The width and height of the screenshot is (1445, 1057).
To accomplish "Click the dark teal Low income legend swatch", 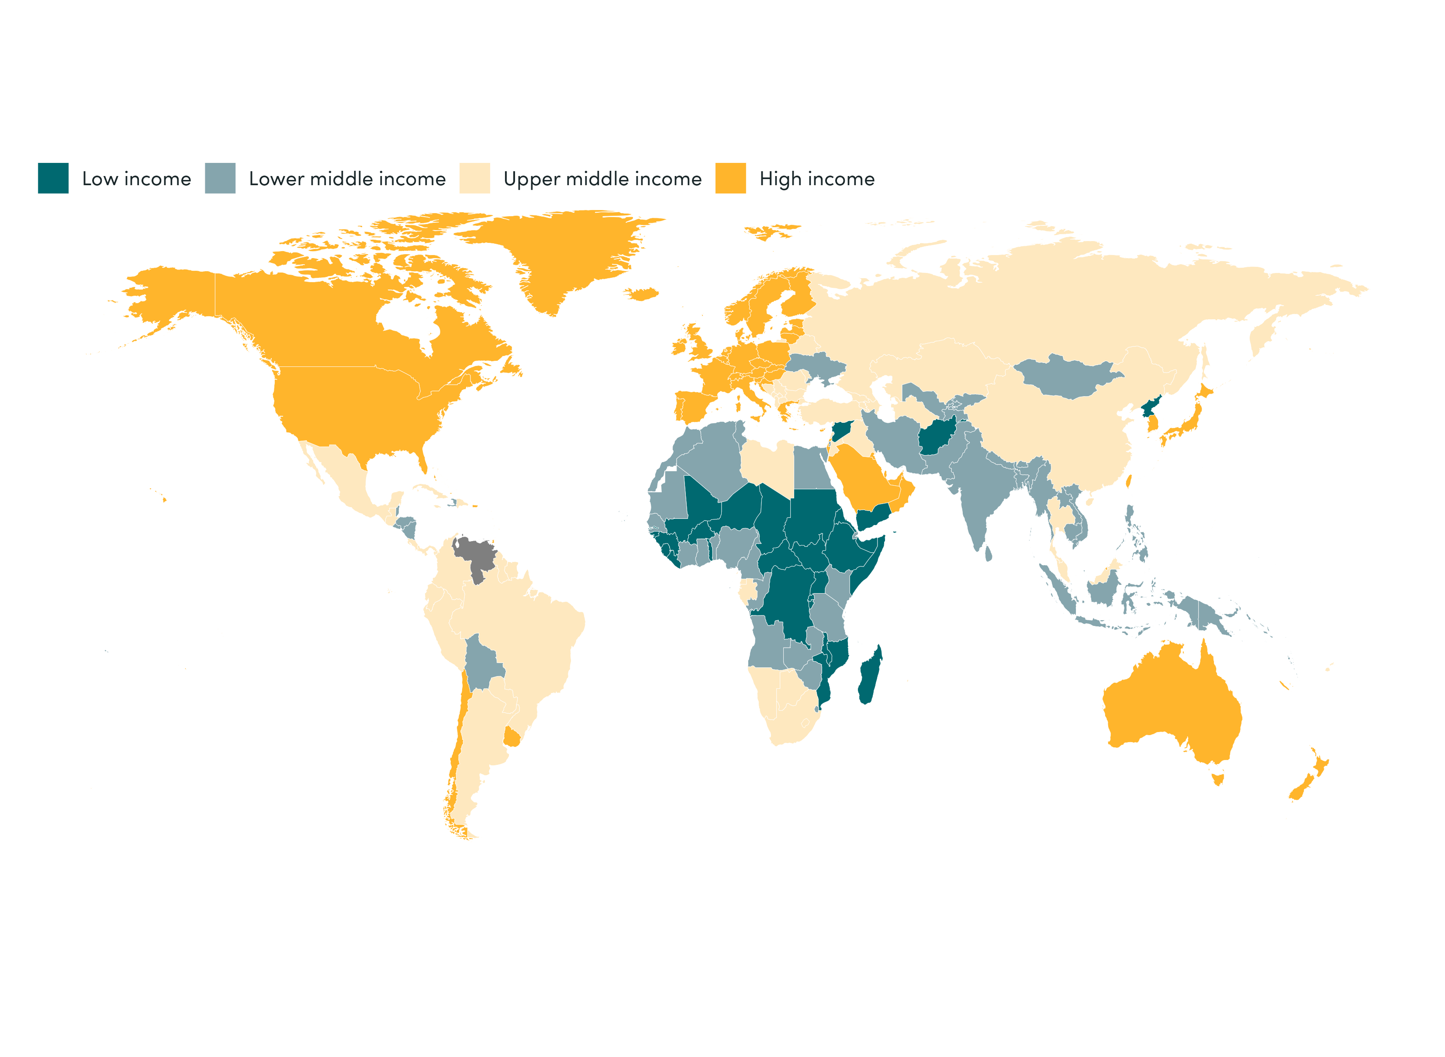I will pyautogui.click(x=53, y=178).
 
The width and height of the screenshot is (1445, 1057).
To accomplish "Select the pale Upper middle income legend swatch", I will pyautogui.click(x=474, y=178).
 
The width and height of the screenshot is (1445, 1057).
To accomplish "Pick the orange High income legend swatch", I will pyautogui.click(x=730, y=178).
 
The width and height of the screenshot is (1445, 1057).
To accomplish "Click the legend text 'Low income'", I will pyautogui.click(x=136, y=179).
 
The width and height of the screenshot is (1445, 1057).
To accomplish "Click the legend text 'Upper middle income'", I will pyautogui.click(x=602, y=179).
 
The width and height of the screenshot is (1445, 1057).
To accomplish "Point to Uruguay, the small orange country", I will pyautogui.click(x=512, y=738).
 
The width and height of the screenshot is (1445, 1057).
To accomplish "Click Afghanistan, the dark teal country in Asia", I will pyautogui.click(x=936, y=437).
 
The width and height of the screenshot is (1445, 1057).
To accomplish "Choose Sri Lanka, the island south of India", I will pyautogui.click(x=988, y=553).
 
